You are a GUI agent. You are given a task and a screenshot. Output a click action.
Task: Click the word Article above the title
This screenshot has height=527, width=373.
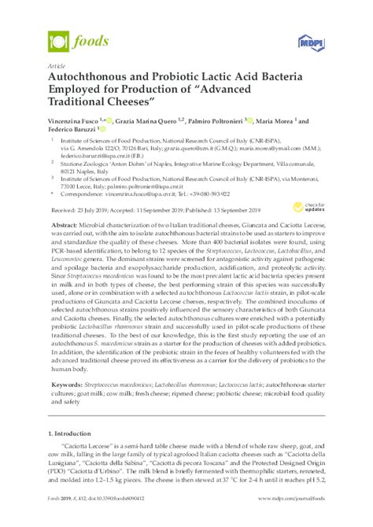57,67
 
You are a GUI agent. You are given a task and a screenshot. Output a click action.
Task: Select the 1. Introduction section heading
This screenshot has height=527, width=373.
76,434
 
